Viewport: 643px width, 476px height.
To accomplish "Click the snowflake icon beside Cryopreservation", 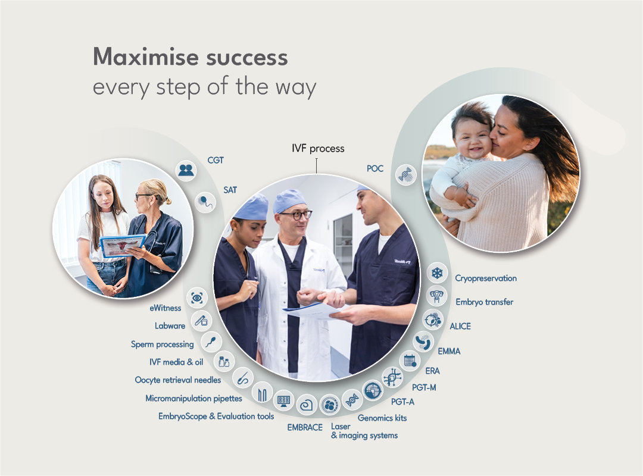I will point(438,274).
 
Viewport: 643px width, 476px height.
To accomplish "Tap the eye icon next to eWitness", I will point(197,297).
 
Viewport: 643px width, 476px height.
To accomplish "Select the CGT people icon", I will point(186,170).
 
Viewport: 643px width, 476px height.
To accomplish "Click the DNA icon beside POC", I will point(406,175).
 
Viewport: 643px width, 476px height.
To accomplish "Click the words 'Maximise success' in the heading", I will point(191,58).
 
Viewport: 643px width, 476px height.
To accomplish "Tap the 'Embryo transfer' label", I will point(484,302).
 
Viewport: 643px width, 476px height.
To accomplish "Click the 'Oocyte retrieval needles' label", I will point(177,380).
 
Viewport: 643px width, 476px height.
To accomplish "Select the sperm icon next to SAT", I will point(205,201).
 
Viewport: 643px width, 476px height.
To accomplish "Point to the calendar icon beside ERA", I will point(410,360).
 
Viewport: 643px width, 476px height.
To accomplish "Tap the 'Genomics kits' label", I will point(382,418).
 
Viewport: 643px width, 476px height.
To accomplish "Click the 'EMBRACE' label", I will point(305,427).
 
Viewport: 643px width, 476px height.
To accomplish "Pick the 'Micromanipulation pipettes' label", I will point(194,398).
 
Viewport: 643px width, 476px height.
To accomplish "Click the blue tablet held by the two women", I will point(123,245).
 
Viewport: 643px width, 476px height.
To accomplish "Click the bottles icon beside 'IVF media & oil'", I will point(224,361).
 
